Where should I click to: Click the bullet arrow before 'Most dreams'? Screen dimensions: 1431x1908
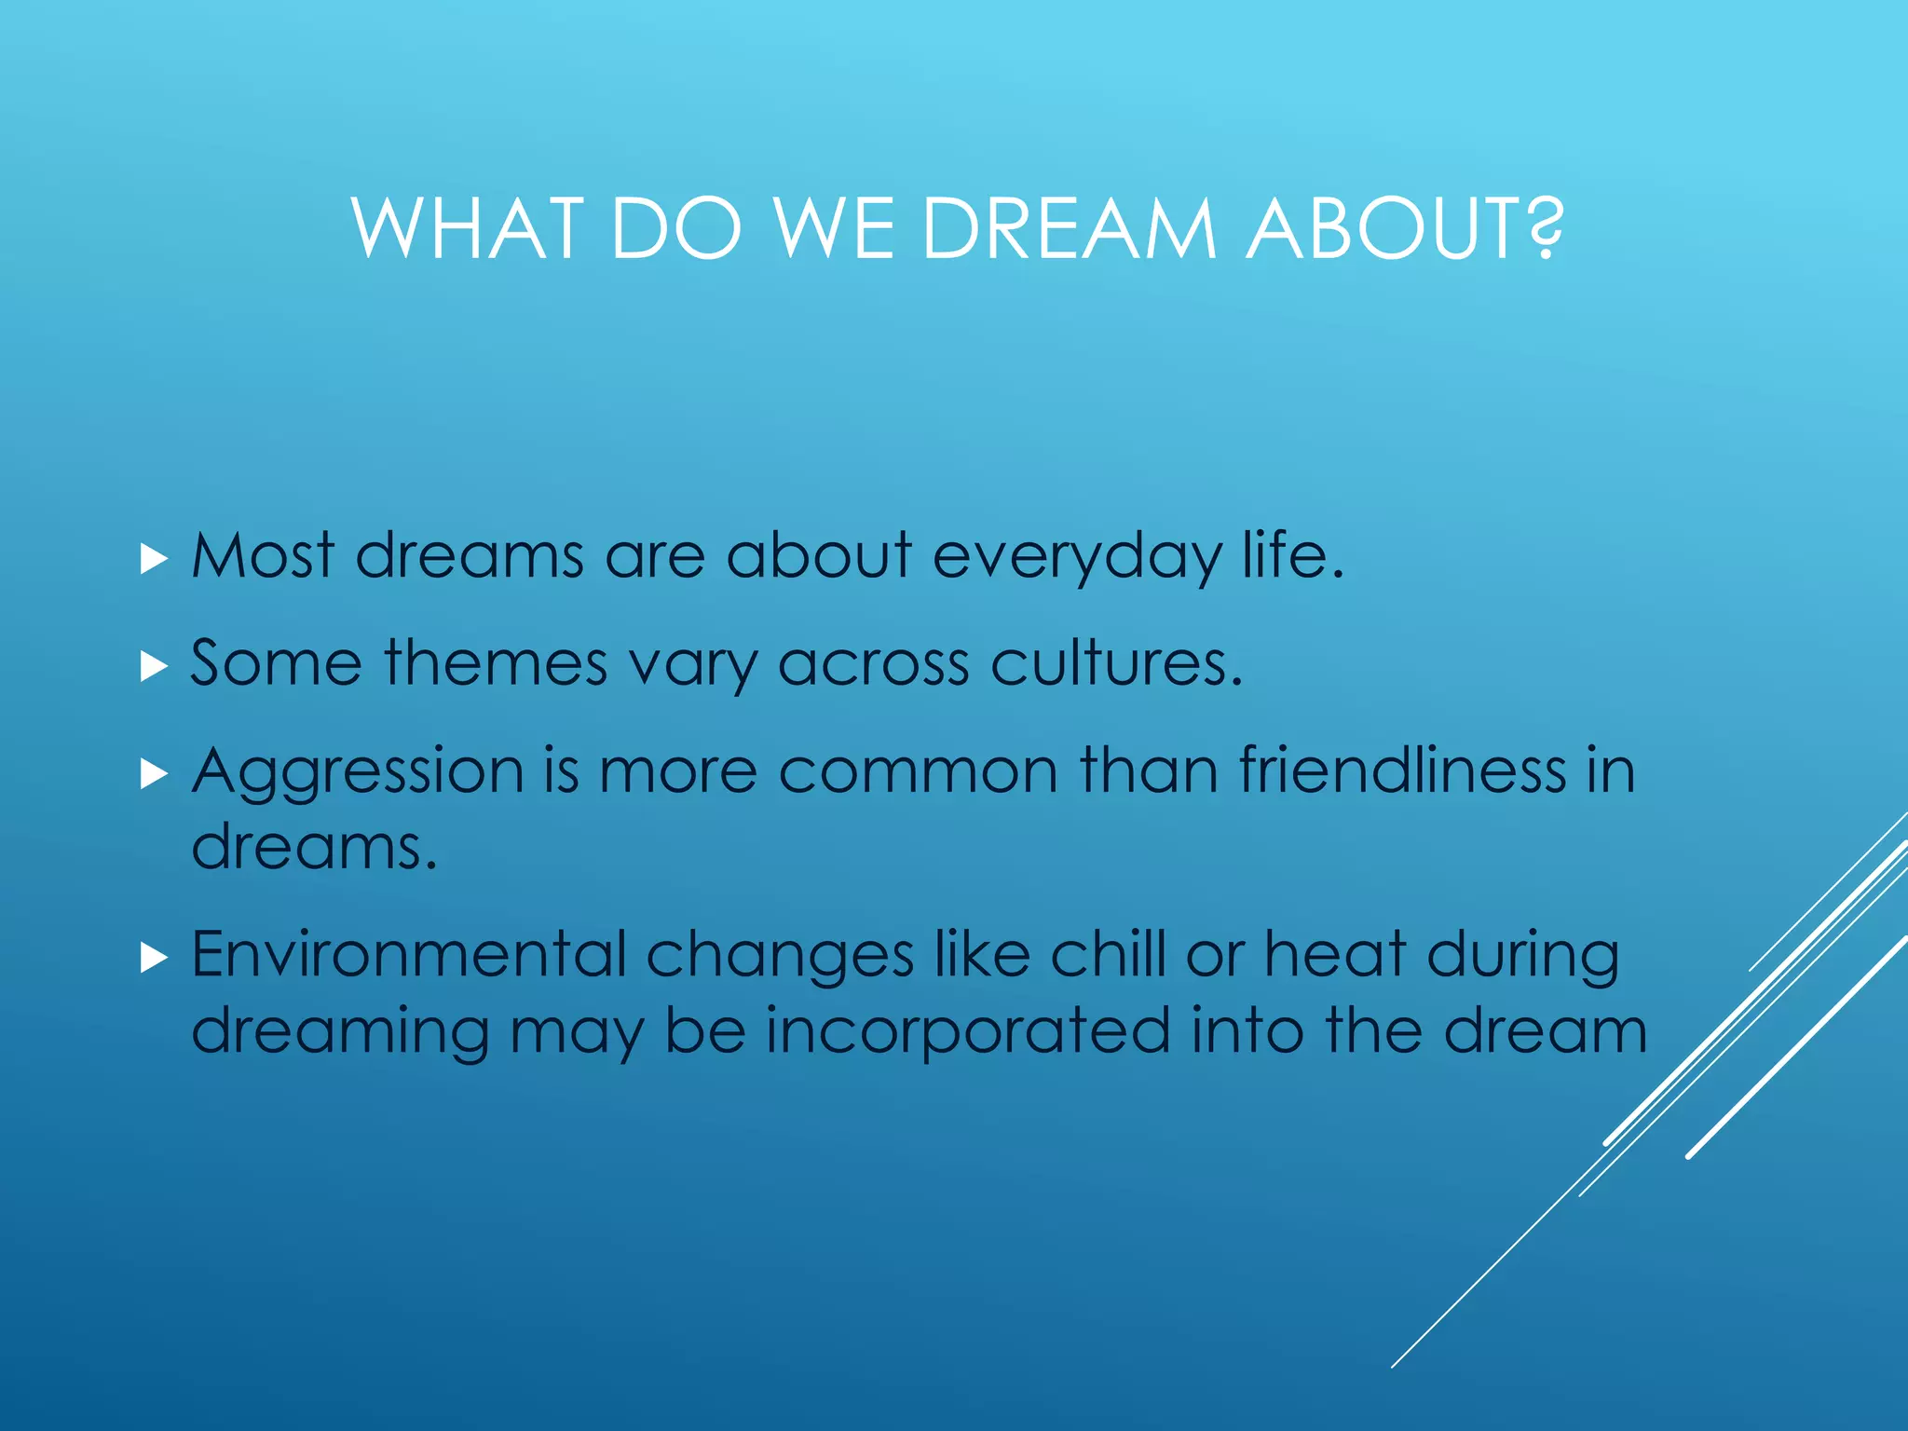pyautogui.click(x=154, y=560)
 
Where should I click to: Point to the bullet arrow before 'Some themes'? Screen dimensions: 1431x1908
pyautogui.click(x=154, y=667)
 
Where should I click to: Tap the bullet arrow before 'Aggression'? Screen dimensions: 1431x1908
pyautogui.click(x=154, y=774)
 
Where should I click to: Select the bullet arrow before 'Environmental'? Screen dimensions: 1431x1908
pyautogui.click(x=154, y=958)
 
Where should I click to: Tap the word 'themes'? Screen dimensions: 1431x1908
pyautogui.click(x=496, y=664)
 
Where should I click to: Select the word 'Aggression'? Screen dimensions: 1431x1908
pyautogui.click(x=358, y=773)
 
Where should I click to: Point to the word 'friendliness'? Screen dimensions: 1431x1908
pyautogui.click(x=1402, y=771)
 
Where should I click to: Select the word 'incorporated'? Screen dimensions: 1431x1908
pyautogui.click(x=968, y=1031)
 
